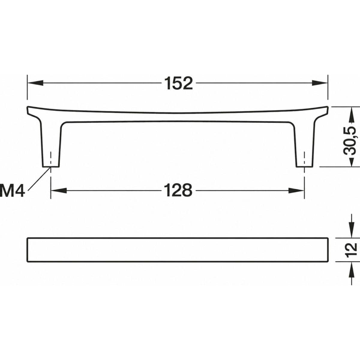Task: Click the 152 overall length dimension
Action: click(x=178, y=83)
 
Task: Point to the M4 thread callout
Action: click(x=12, y=190)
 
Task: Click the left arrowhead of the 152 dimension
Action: click(x=35, y=83)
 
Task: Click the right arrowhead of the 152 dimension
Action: click(x=319, y=83)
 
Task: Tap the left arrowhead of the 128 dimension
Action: click(x=59, y=190)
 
